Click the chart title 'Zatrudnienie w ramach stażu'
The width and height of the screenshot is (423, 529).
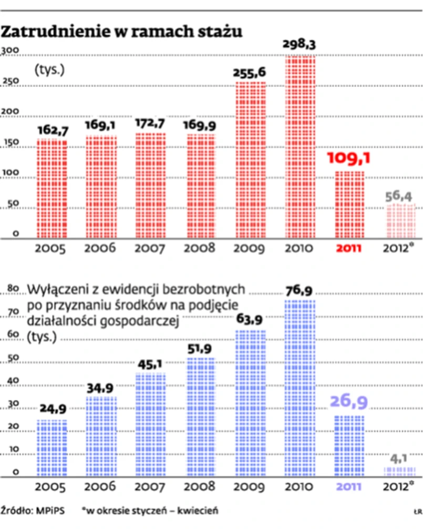pyautogui.click(x=121, y=32)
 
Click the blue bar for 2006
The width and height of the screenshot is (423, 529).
pyautogui.click(x=101, y=436)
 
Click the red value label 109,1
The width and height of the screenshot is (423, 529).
pyautogui.click(x=349, y=158)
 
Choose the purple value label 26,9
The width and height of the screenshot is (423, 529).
pyautogui.click(x=349, y=402)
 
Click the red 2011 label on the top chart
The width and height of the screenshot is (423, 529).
pyautogui.click(x=349, y=248)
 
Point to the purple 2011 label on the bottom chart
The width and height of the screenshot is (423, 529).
pyautogui.click(x=349, y=486)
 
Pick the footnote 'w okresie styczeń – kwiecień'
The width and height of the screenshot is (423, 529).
pyautogui.click(x=152, y=511)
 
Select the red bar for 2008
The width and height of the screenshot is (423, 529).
pyautogui.click(x=201, y=186)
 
